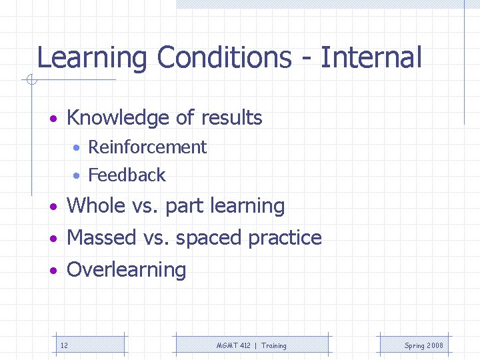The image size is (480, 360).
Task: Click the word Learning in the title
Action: pos(91,58)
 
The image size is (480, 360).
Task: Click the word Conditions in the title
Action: pos(223,58)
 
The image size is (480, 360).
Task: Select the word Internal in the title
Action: pos(371,58)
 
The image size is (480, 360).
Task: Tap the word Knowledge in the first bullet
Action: pos(118,118)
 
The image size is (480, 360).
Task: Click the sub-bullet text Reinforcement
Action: pos(147,147)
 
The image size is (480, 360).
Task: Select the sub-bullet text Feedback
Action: pos(127,175)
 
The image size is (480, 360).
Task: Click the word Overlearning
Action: pos(127,270)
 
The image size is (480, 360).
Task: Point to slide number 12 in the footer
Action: pos(64,345)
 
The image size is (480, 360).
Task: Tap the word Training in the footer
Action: pos(274,345)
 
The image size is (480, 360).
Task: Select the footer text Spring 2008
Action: pos(423,345)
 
